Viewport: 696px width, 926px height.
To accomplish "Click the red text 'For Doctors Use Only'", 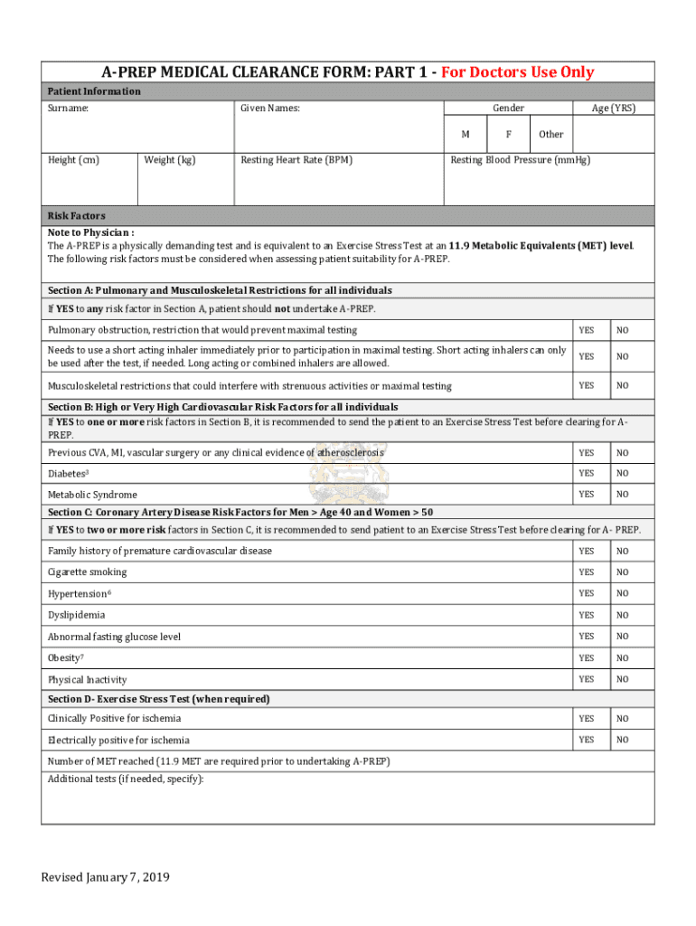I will click(x=517, y=72).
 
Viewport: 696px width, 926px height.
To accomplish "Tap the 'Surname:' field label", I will click(x=69, y=109).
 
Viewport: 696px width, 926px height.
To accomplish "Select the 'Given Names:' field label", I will click(x=270, y=109).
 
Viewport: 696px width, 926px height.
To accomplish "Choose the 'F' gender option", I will click(x=509, y=134).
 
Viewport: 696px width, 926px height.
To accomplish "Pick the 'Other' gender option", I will click(x=550, y=134).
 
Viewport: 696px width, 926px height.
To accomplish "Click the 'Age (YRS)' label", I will click(x=613, y=109).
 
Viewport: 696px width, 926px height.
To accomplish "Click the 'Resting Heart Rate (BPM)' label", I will click(x=296, y=160).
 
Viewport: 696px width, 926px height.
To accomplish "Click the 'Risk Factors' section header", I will click(x=77, y=216).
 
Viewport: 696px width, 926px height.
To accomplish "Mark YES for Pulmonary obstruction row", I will click(x=587, y=330).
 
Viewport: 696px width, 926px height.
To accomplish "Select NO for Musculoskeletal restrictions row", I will click(x=623, y=386).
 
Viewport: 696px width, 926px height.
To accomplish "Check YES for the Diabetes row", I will click(x=587, y=473).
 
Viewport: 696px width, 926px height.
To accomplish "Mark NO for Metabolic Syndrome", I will click(x=623, y=495).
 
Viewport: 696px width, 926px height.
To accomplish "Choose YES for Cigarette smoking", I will click(x=587, y=572).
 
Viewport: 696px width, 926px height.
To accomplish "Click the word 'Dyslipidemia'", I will click(x=77, y=615).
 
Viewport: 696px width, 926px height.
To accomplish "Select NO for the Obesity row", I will click(x=623, y=658).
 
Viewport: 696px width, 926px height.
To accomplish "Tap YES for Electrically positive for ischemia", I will click(x=587, y=740).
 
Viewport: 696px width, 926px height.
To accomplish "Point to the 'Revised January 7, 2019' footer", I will click(x=105, y=877).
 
